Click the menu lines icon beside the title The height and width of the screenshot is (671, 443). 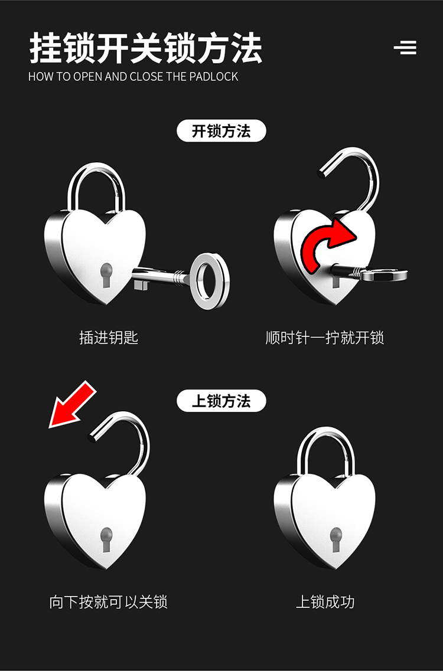(405, 47)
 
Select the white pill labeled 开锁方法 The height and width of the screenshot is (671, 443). (221, 131)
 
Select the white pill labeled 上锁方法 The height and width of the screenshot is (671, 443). (221, 401)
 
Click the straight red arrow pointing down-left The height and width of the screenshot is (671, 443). (73, 404)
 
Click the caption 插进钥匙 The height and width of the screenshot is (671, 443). (109, 338)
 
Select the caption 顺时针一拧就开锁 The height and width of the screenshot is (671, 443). (324, 338)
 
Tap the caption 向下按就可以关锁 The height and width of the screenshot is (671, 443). (109, 602)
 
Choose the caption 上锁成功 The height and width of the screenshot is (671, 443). (325, 602)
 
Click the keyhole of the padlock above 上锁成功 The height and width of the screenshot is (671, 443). (335, 539)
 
